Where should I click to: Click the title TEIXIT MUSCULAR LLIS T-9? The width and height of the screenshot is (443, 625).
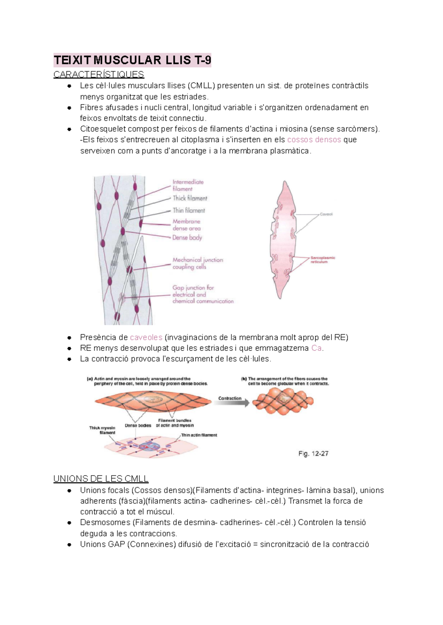(x=132, y=60)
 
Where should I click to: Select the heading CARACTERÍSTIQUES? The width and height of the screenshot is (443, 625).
(x=99, y=75)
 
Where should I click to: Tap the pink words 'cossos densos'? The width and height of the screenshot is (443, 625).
(x=314, y=140)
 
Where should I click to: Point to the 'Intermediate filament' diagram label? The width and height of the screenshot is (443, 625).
(x=188, y=185)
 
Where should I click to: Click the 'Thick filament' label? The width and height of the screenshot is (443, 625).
(x=190, y=198)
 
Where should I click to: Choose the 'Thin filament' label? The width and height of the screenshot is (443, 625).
(x=189, y=210)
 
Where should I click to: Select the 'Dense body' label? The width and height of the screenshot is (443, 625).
(x=187, y=238)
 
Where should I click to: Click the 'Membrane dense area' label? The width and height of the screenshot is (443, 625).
(x=186, y=225)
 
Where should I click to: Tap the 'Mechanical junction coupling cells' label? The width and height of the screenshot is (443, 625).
(x=198, y=263)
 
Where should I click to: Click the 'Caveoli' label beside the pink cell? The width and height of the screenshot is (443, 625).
(x=326, y=214)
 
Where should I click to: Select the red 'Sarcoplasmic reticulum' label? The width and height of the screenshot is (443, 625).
(x=322, y=260)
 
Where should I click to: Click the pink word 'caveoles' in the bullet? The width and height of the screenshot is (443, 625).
(x=146, y=337)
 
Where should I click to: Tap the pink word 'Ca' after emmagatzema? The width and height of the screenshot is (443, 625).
(x=316, y=348)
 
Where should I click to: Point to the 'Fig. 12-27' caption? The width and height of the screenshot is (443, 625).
(x=313, y=453)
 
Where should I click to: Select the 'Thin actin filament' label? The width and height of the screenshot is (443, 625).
(x=199, y=435)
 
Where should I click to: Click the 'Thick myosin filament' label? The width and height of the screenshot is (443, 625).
(x=102, y=430)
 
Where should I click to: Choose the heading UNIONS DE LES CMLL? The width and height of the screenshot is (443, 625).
(x=101, y=479)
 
